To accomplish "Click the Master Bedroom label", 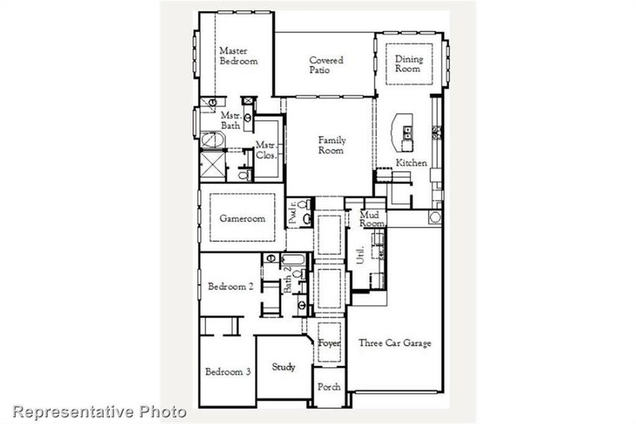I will click(238, 56).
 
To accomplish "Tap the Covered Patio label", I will click(326, 65).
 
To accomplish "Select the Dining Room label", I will click(407, 64).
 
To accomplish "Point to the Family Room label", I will click(331, 146).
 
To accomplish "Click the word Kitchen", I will click(411, 163).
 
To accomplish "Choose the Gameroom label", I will click(242, 218).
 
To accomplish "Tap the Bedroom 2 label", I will click(230, 287).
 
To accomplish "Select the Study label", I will click(283, 367).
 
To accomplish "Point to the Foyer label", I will click(330, 343).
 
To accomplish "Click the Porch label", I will click(329, 387).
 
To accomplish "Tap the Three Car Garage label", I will click(395, 343).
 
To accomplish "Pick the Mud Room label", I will click(371, 218).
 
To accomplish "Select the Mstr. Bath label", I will click(231, 120).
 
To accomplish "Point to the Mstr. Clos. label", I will click(265, 150).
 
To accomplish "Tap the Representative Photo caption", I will click(100, 411).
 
